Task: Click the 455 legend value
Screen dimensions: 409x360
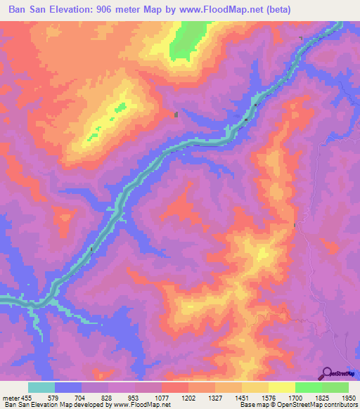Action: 28,397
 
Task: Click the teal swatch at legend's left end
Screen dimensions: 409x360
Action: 41,387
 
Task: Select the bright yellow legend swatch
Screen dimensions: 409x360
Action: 282,387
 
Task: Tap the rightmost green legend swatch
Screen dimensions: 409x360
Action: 335,387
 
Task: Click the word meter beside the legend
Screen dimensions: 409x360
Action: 10,397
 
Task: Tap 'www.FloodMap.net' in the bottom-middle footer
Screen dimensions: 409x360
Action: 145,405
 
